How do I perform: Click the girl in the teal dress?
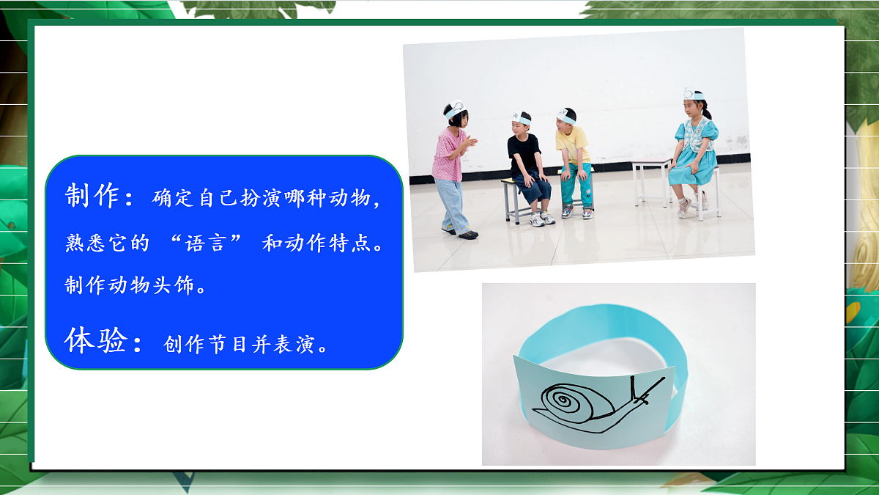[692, 150]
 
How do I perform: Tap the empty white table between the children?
[650, 163]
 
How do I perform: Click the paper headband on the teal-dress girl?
[693, 95]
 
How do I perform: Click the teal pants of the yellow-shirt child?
[576, 191]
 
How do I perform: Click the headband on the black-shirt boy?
[521, 117]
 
